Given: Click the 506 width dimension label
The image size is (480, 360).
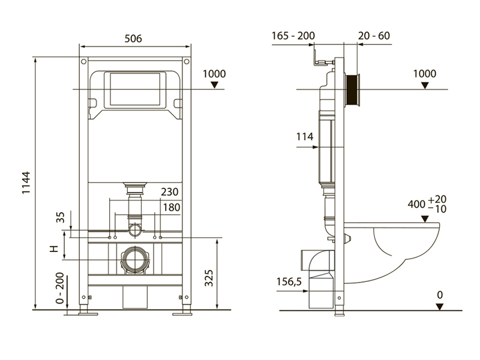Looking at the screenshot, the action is [133, 38].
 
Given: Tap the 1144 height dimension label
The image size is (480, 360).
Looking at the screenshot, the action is [26, 182].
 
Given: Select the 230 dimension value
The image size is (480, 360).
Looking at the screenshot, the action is [170, 192].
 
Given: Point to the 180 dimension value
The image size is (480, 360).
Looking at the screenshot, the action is [172, 208].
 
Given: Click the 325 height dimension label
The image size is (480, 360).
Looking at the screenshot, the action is [209, 278].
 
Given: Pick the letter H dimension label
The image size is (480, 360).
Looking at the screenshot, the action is [54, 248].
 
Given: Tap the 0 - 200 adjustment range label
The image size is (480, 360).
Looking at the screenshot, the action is [60, 288].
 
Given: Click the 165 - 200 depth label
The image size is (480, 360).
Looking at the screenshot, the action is [293, 36].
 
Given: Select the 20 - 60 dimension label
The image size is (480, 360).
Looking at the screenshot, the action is [374, 36].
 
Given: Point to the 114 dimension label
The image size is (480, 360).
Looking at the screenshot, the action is [305, 137].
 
